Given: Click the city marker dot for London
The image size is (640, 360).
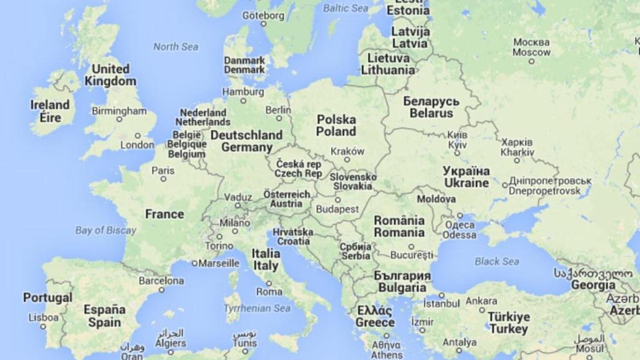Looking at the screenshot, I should [137, 136].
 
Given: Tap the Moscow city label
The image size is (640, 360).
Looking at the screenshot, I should [531, 47].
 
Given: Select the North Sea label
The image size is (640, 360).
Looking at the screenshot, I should [176, 47].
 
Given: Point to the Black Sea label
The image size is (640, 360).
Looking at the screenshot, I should [496, 262].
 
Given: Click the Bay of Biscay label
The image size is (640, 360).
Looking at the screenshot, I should [106, 230].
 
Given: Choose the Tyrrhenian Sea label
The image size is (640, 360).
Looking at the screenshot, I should [257, 308].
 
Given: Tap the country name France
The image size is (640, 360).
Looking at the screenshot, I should [164, 214].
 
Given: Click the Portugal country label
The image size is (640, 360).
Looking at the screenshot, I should [47, 297].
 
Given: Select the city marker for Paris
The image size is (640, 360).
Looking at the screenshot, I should [164, 179].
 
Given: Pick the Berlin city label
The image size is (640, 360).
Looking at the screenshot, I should [278, 110].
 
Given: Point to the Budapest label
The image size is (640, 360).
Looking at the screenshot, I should [337, 209].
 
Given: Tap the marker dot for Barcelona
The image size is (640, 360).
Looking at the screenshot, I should [161, 290].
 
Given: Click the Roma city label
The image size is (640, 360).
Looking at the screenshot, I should [269, 292].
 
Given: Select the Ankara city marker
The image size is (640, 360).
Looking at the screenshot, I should [482, 309].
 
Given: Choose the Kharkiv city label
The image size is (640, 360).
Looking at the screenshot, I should [517, 147].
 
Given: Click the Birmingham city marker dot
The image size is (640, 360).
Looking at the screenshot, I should [119, 119].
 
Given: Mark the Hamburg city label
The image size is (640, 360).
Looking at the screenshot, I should [243, 92].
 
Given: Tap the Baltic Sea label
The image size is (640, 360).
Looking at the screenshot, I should [346, 8].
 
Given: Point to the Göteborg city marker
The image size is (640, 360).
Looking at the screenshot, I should [263, 24].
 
